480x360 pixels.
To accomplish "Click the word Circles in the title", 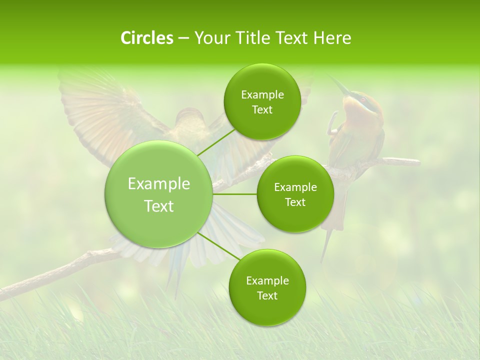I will pos(146,38).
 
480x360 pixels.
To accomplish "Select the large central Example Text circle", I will pos(159,194).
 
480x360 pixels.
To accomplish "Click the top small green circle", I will pos(262,102).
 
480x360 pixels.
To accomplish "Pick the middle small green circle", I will pos(295,194).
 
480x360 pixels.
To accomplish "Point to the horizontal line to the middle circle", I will pos(235,194).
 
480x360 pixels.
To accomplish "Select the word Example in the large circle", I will pos(159,184).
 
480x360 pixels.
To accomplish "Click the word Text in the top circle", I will pos(262,110).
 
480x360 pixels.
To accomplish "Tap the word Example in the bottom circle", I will pos(267,280).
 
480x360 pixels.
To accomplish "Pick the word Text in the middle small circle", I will pos(295,202).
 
